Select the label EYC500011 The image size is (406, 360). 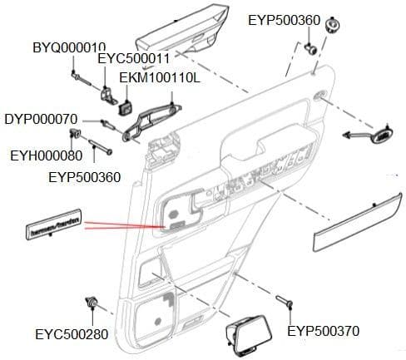[134, 60]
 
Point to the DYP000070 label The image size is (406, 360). [41, 118]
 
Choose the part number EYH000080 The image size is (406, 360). [46, 155]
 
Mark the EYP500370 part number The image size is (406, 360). [323, 331]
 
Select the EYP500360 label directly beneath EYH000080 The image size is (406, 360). [86, 176]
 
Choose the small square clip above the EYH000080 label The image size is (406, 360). [77, 135]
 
